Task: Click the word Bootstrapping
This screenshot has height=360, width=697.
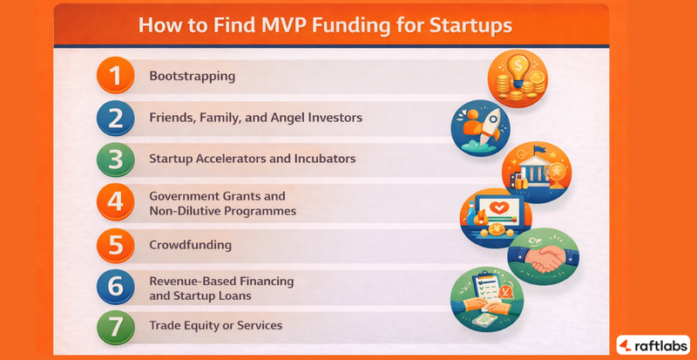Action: point(193,76)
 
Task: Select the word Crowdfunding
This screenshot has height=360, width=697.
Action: point(190,244)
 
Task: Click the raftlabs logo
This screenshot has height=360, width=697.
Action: point(653,343)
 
